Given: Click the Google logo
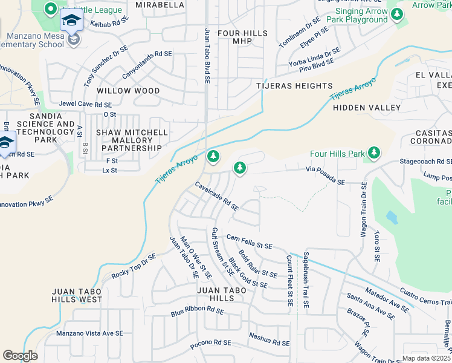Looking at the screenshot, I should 20,356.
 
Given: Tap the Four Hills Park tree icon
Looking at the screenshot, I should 374,154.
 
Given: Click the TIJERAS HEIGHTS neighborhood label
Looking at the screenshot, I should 294,86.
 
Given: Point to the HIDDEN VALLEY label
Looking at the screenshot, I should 367,108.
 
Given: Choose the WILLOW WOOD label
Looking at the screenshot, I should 131,91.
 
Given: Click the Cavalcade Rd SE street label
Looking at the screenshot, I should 216,196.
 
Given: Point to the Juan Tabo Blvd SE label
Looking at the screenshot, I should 207,55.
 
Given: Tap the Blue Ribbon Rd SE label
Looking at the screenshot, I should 197,312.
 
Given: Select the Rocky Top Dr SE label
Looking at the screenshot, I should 134,265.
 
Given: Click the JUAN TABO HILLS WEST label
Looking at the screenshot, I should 77,295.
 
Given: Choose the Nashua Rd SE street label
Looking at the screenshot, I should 270,340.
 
